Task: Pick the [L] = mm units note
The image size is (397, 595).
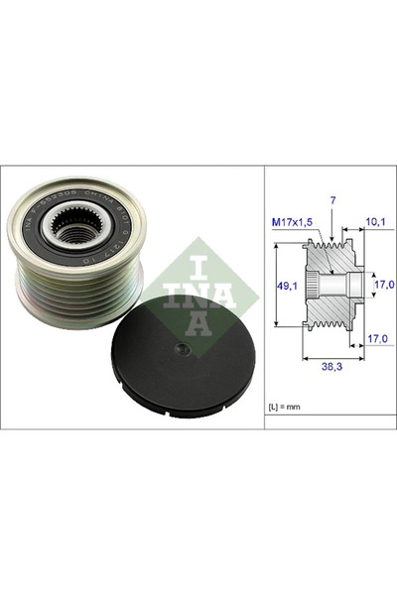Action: pos(286,407)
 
